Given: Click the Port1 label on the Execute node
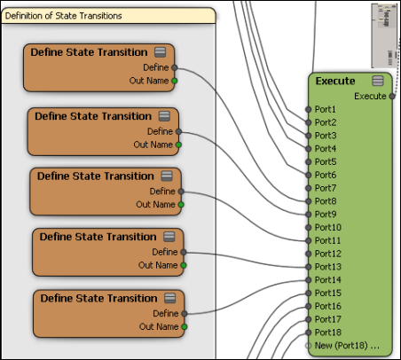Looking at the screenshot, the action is click(x=325, y=109).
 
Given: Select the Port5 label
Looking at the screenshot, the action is click(x=326, y=161).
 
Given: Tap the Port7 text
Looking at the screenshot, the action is click(x=326, y=188).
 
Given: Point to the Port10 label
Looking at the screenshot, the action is click(x=328, y=227).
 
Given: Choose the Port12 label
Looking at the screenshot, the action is click(x=328, y=254).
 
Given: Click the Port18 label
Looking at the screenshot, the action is click(x=328, y=333).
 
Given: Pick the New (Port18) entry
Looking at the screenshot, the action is click(x=347, y=345).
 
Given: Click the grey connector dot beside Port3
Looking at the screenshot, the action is click(x=309, y=136).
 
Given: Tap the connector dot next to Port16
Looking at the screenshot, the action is click(x=309, y=306).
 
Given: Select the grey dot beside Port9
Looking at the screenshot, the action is click(x=309, y=215).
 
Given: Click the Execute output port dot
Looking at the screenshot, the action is click(x=392, y=96).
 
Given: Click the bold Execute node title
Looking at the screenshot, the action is click(x=335, y=81).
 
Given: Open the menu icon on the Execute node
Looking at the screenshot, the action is click(x=378, y=81).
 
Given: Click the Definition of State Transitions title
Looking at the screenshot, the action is click(x=63, y=16).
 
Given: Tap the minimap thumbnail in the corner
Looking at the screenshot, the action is click(x=385, y=35).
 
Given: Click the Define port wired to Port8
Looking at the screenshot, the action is click(x=175, y=67).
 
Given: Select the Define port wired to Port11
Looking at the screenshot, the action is click(x=181, y=192).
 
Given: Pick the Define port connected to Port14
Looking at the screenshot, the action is click(x=185, y=314).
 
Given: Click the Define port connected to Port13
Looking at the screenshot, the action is click(x=184, y=252).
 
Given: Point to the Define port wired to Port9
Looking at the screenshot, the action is click(x=178, y=131).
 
